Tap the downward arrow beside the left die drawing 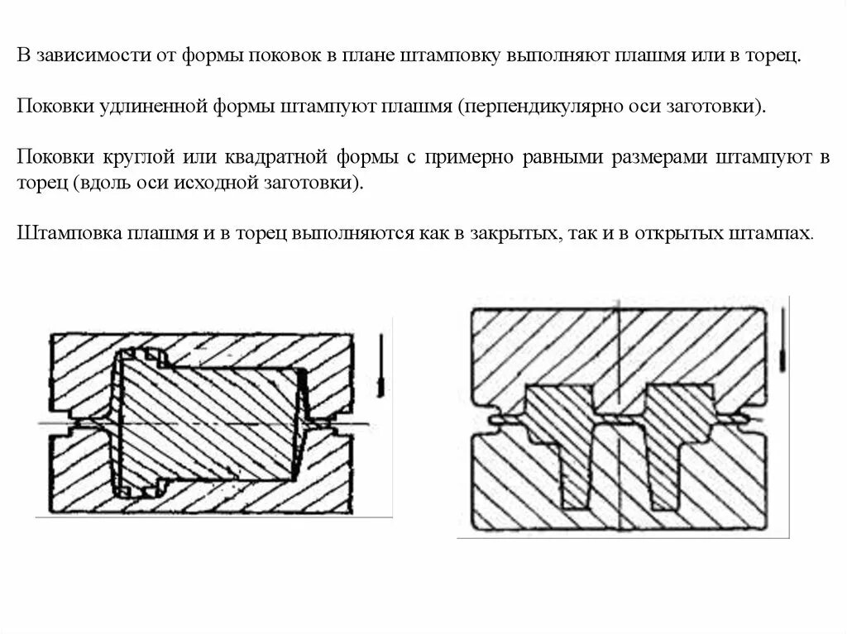pos(380,364)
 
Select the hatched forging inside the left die pos(211,422)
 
